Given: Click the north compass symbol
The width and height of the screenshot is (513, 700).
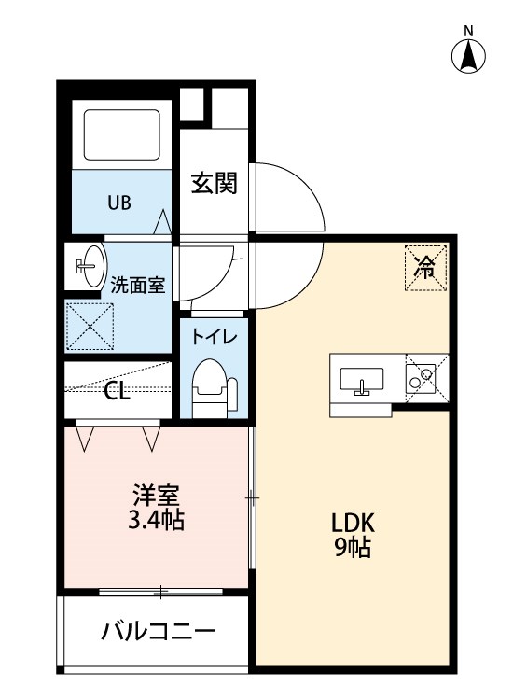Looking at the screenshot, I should point(469,57).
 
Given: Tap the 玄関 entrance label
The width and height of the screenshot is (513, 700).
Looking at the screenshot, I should point(214,183).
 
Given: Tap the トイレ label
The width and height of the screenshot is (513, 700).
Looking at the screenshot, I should point(215,338).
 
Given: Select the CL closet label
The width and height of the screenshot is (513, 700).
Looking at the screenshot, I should point(117,391).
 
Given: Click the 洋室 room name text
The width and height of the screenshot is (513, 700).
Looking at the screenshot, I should point(156,493).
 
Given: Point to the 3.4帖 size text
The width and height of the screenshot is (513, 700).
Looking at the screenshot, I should point(156,520).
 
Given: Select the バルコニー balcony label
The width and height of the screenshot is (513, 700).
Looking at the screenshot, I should point(158,633).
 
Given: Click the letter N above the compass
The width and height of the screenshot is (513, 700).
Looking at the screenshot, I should point(469,31).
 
